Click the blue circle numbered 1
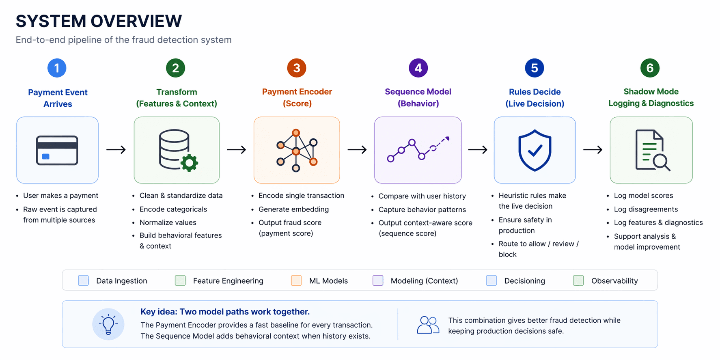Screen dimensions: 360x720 pyautogui.click(x=57, y=68)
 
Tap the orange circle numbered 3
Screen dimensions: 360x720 pyautogui.click(x=297, y=68)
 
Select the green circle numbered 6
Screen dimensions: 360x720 pyautogui.click(x=650, y=68)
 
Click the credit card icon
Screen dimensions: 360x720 pyautogui.click(x=57, y=150)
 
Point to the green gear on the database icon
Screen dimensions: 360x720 pyautogui.click(x=189, y=163)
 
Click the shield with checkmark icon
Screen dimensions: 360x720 pyautogui.click(x=535, y=150)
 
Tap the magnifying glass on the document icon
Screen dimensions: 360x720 pyautogui.click(x=661, y=162)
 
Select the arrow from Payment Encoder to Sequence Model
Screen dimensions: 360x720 pyautogui.click(x=357, y=150)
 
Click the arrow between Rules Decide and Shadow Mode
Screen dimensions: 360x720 pyautogui.click(x=593, y=150)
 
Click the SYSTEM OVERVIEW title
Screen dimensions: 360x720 pyautogui.click(x=99, y=21)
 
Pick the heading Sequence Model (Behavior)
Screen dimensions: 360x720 pyautogui.click(x=418, y=97)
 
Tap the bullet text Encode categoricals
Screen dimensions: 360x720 pyautogui.click(x=173, y=209)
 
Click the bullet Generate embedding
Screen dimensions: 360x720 pyautogui.click(x=293, y=209)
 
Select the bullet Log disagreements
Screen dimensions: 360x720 pyautogui.click(x=646, y=209)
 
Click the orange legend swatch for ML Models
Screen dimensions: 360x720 pyautogui.click(x=296, y=280)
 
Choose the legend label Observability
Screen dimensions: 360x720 pyautogui.click(x=614, y=281)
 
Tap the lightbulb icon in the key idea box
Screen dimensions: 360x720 pyautogui.click(x=108, y=324)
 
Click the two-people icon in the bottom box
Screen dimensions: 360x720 pyautogui.click(x=428, y=325)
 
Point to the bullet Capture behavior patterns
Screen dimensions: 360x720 pyautogui.click(x=422, y=209)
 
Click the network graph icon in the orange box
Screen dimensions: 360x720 pyautogui.click(x=297, y=150)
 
